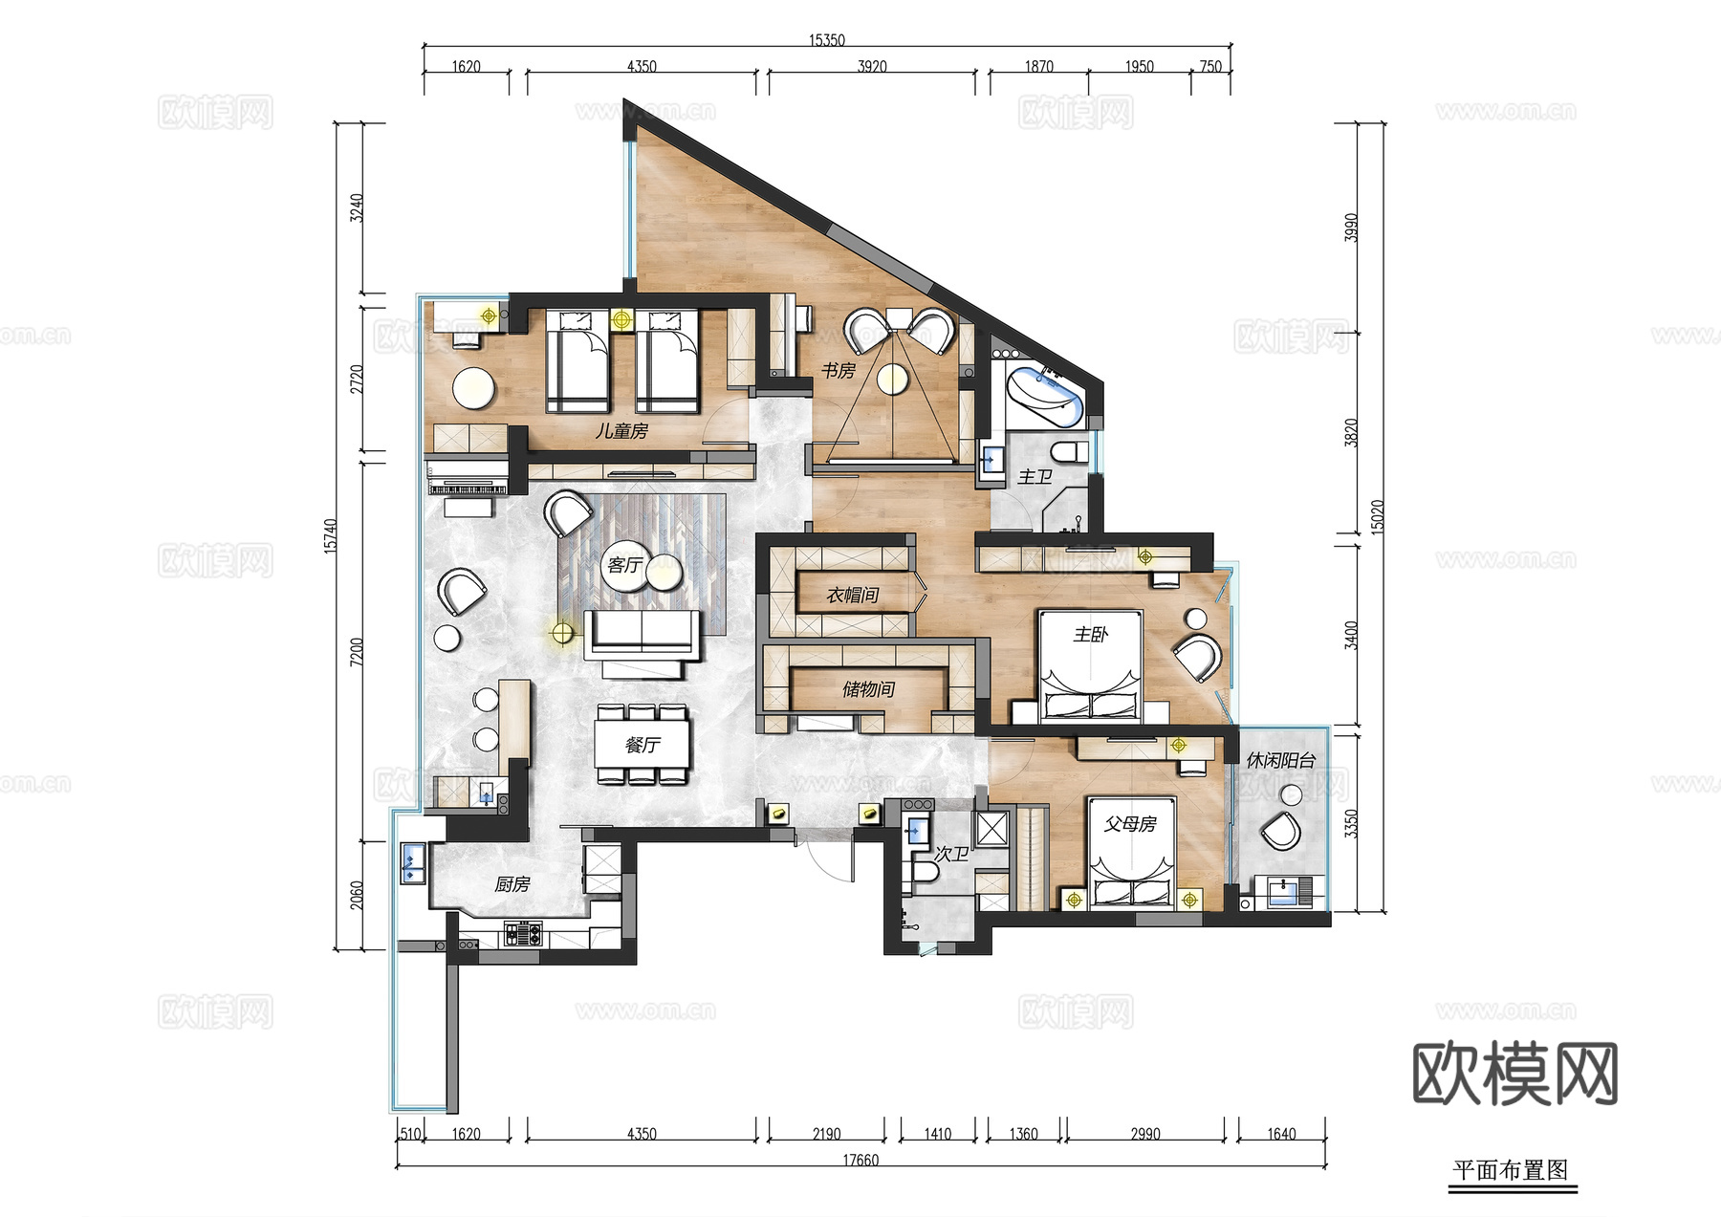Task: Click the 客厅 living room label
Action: coord(625,565)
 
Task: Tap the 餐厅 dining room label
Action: coord(643,744)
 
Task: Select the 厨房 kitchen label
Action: coord(512,884)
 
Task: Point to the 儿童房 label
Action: coord(621,431)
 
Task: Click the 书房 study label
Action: coord(839,370)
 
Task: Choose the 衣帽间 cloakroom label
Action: coord(853,595)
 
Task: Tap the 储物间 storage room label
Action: coord(869,688)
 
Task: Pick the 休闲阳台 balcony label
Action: coord(1281,760)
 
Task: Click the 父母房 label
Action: coord(1131,823)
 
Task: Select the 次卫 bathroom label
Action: coord(951,853)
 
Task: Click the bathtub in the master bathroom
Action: coord(1045,396)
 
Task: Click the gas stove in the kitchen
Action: coord(523,932)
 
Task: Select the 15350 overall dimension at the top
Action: coord(827,39)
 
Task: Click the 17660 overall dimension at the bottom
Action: coord(860,1160)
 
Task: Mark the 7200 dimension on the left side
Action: coord(357,651)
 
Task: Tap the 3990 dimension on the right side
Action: coord(1351,227)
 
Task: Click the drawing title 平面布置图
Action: coord(1511,1170)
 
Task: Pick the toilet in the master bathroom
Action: coord(1071,450)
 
